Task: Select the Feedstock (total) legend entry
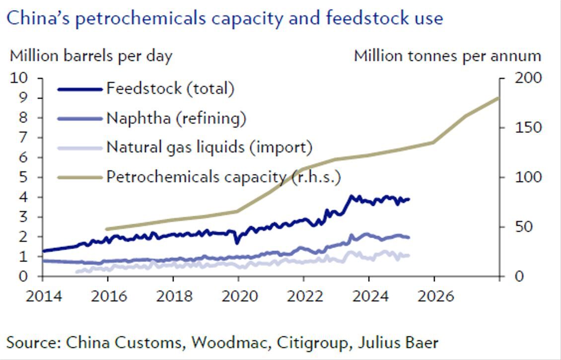click(x=170, y=89)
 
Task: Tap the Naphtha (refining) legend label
click(x=176, y=118)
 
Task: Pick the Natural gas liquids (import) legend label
click(x=209, y=147)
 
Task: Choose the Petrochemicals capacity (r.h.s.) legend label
click(x=223, y=177)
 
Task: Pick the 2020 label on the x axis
click(x=238, y=296)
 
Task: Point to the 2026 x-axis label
click(x=434, y=296)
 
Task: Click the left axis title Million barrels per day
click(x=91, y=56)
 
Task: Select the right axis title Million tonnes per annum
click(x=447, y=56)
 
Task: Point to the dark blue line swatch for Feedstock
click(x=79, y=89)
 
